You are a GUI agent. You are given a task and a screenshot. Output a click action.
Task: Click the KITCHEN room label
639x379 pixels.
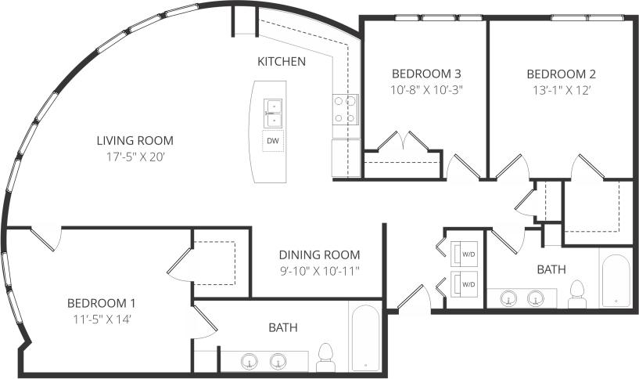point(282,61)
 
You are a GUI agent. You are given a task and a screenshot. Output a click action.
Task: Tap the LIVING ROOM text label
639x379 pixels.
point(135,141)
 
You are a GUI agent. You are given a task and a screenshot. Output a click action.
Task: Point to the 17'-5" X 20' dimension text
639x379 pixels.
point(135,157)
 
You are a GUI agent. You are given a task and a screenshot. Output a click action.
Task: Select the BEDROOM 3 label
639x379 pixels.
point(427,74)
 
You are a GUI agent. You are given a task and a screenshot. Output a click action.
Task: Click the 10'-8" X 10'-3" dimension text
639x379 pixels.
point(427,89)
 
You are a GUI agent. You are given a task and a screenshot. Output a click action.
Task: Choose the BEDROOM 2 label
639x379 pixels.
point(561,74)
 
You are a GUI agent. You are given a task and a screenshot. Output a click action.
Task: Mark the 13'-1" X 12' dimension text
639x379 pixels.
point(561,89)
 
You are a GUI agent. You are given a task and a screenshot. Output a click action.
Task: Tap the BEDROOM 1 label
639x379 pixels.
point(102,303)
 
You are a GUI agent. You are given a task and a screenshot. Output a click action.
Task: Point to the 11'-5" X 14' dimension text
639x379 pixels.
point(102,319)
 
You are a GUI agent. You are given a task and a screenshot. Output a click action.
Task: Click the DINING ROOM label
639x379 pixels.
point(320,254)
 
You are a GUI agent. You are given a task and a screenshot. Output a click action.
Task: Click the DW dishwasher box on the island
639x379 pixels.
point(273,141)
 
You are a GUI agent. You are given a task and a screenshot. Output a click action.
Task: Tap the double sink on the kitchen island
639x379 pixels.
point(273,113)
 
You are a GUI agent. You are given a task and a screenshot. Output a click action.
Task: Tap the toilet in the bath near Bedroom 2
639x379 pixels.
point(577,292)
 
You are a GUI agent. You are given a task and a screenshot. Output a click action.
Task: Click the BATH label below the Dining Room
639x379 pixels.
point(282,327)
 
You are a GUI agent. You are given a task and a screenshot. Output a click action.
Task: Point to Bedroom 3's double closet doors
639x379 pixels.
point(403,142)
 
